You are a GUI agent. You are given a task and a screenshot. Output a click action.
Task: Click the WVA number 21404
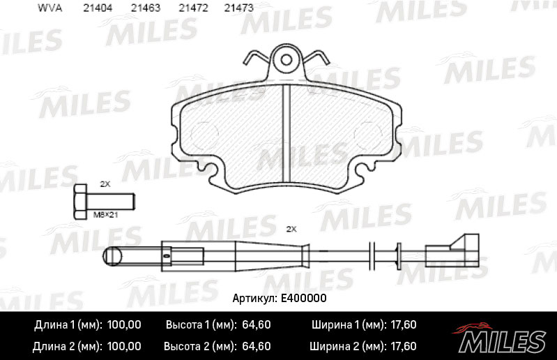coord(98,8)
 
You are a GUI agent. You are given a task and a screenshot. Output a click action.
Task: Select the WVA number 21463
coord(146,8)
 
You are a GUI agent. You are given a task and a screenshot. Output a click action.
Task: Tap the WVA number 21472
coord(193,8)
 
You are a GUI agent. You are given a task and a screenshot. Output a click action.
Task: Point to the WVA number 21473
coord(238,8)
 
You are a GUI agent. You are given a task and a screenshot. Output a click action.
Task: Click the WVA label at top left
coord(49,8)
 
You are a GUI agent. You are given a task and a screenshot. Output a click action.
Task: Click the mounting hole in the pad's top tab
coord(287,60)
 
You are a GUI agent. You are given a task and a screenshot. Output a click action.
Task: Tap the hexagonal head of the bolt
coord(80,202)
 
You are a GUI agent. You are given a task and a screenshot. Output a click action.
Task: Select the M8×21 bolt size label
coord(105,215)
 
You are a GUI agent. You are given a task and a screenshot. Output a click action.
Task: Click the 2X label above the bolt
coord(105,184)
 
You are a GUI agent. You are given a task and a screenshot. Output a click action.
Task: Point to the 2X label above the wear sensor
coord(291,230)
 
